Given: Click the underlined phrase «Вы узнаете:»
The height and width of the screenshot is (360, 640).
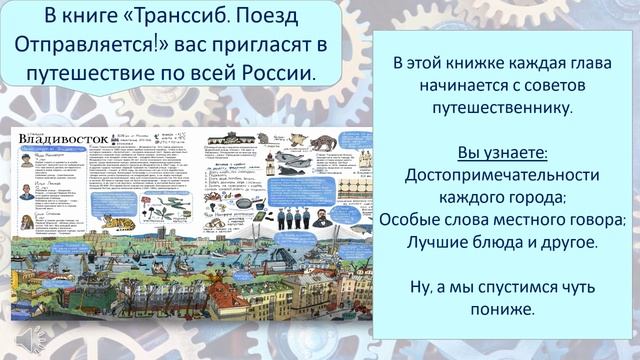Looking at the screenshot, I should click(x=503, y=152).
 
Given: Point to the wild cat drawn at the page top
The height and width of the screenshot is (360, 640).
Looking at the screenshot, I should click(x=322, y=142).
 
